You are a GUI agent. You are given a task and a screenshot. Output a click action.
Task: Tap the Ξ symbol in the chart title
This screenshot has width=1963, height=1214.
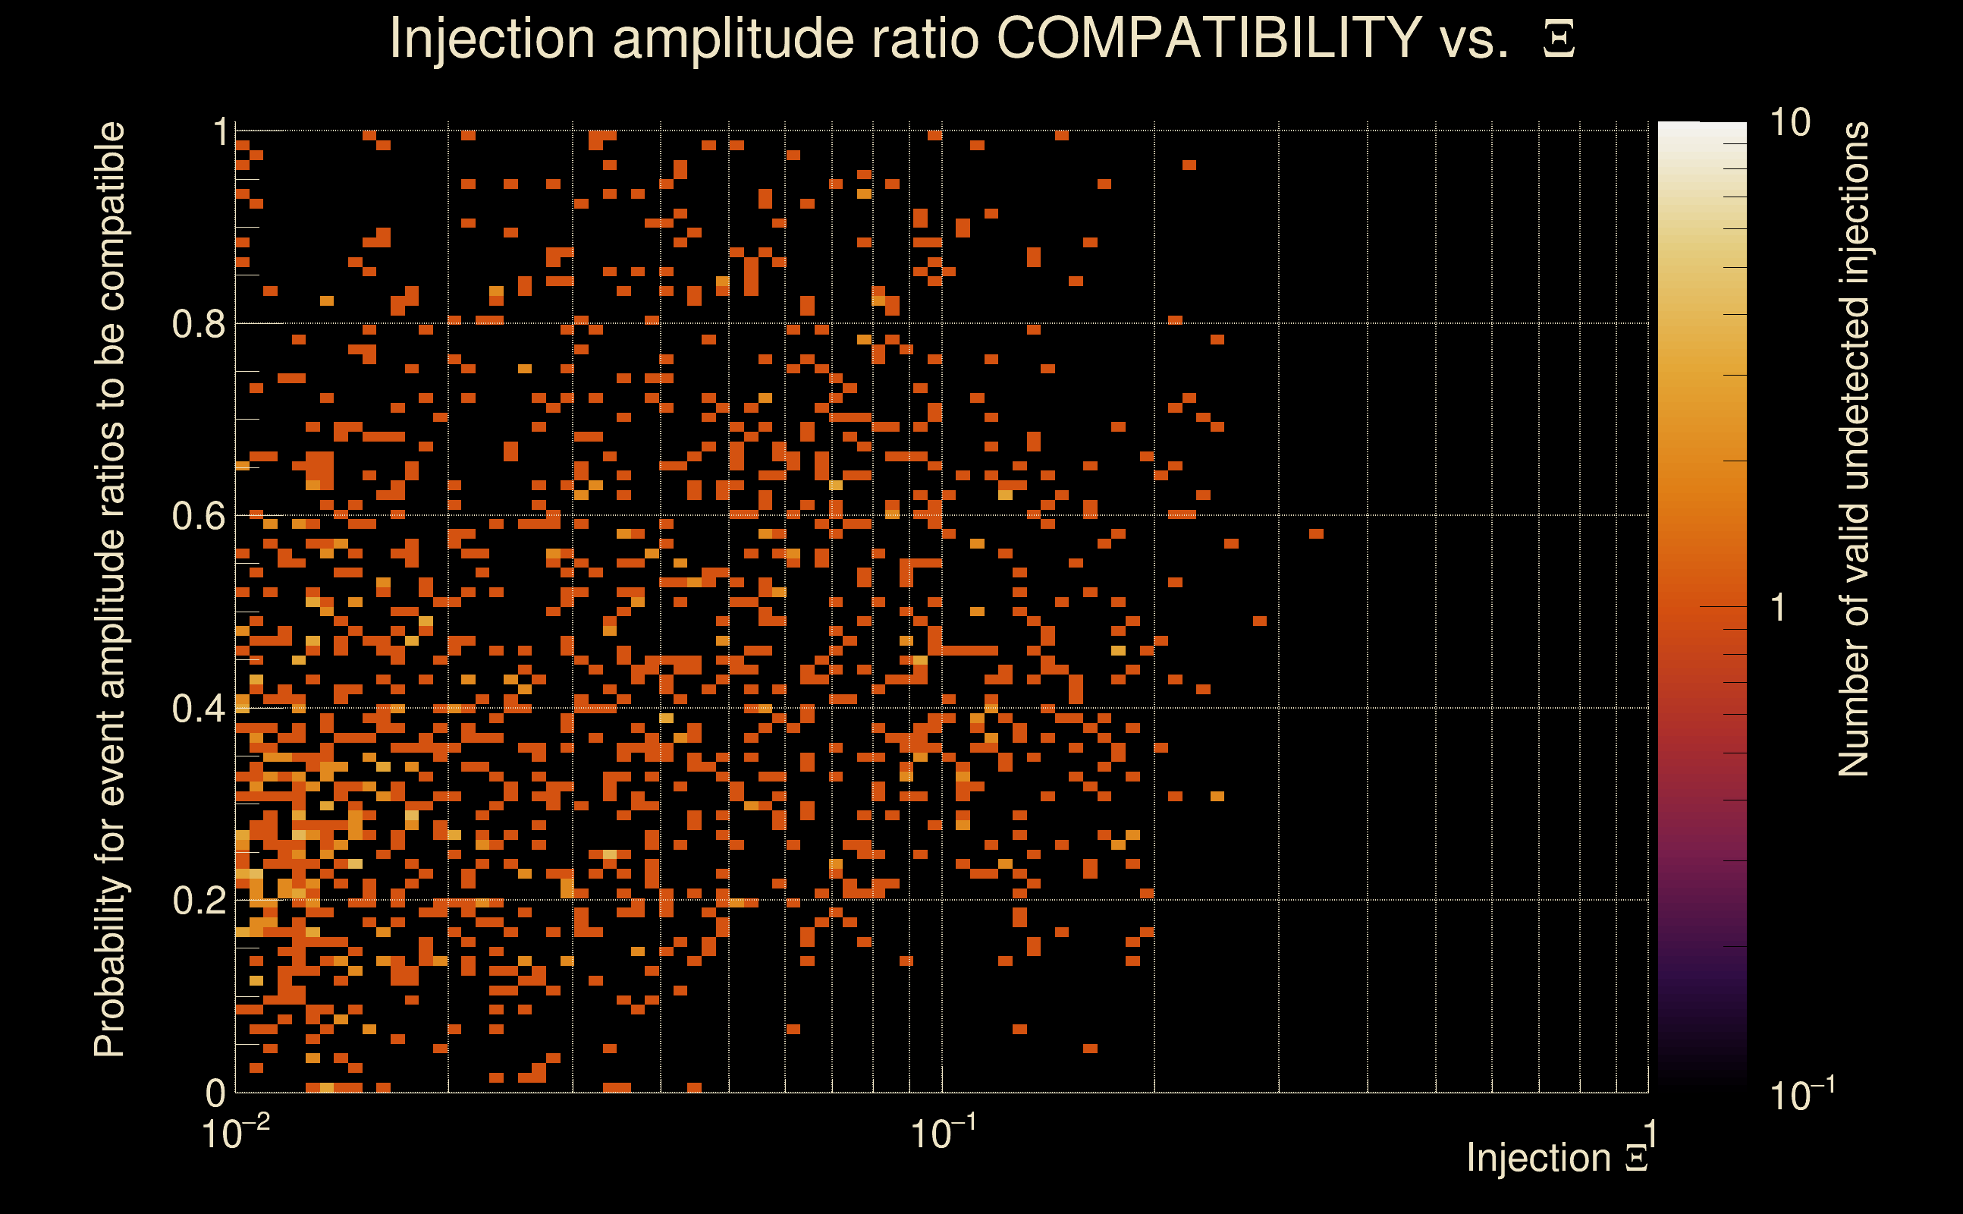coord(1559,39)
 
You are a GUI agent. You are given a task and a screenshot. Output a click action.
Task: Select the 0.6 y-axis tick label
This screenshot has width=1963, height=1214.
coord(198,515)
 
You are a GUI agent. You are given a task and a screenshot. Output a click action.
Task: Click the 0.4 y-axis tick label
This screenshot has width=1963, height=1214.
coord(198,708)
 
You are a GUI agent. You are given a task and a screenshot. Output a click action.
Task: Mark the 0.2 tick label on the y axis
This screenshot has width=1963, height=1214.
coord(198,900)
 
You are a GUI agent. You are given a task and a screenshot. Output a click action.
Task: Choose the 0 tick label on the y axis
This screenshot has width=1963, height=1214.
coord(215,1093)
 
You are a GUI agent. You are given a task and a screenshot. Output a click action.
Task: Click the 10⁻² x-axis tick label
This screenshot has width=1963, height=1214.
coord(235,1133)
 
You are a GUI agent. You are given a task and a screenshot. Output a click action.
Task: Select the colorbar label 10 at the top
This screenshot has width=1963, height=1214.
coord(1789,123)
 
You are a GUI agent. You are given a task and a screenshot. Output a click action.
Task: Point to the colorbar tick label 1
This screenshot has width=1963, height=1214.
coord(1779,608)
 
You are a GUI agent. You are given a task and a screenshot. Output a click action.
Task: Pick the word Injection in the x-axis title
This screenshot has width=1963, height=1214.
coord(1538,1158)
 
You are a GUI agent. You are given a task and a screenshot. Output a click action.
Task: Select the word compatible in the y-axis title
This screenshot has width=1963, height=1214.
coord(110,215)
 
